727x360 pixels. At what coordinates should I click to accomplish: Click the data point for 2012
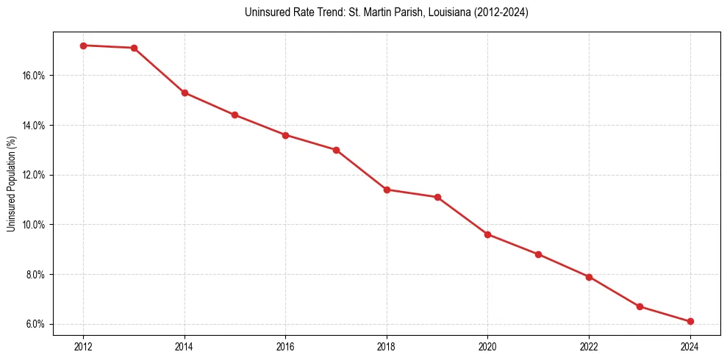83,46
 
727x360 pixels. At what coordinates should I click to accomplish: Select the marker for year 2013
134,48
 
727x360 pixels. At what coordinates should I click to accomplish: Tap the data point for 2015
234,115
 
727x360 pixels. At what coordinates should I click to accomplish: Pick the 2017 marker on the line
336,150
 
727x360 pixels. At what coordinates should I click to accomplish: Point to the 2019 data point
437,197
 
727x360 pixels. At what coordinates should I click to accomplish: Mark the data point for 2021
538,254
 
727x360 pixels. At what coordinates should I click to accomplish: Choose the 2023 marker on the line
640,306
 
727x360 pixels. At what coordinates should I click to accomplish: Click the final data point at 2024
690,321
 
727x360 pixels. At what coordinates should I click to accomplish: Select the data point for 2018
387,190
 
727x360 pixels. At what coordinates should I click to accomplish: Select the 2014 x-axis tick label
185,346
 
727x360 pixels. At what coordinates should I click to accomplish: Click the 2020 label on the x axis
487,346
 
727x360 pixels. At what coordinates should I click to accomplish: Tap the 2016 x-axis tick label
285,346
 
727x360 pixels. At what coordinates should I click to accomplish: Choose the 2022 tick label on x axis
589,346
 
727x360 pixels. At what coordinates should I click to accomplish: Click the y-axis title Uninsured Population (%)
11,183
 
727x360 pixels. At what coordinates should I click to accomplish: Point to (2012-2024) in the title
502,12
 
